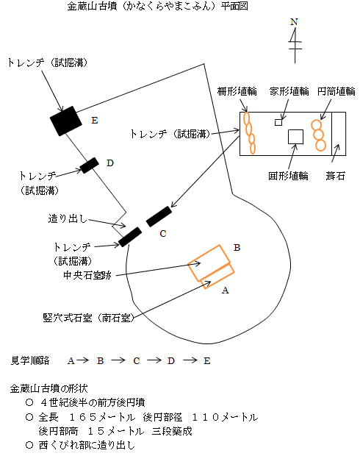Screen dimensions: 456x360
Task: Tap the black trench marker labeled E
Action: (66, 121)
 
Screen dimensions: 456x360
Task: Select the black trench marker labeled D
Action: (90, 165)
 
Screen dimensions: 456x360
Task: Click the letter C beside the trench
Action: (163, 233)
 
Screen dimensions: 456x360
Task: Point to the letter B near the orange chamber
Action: (237, 248)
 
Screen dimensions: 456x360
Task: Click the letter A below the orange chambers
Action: (226, 291)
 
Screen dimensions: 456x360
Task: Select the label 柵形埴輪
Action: (237, 91)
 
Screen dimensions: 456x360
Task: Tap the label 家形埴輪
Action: (289, 91)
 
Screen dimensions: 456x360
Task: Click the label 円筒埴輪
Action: (336, 91)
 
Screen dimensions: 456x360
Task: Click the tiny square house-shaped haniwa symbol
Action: (278, 122)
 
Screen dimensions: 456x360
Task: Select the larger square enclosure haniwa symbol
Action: (296, 137)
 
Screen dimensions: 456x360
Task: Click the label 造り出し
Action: (67, 218)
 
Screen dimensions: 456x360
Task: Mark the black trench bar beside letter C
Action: (159, 216)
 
